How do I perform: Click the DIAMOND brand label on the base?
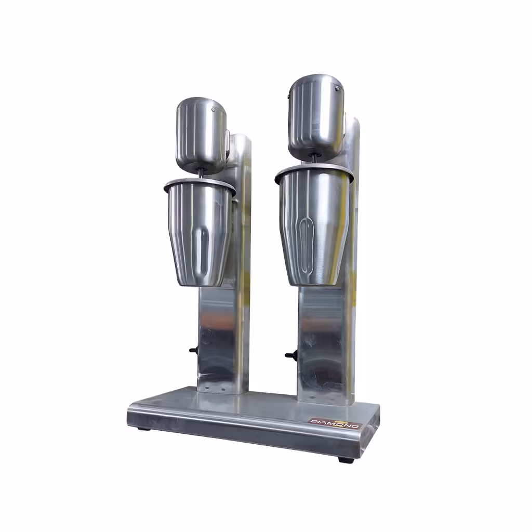point(335,423)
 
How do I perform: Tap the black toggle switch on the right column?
point(291,355)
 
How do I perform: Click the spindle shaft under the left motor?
point(201,174)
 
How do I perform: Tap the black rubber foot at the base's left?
point(145,429)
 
